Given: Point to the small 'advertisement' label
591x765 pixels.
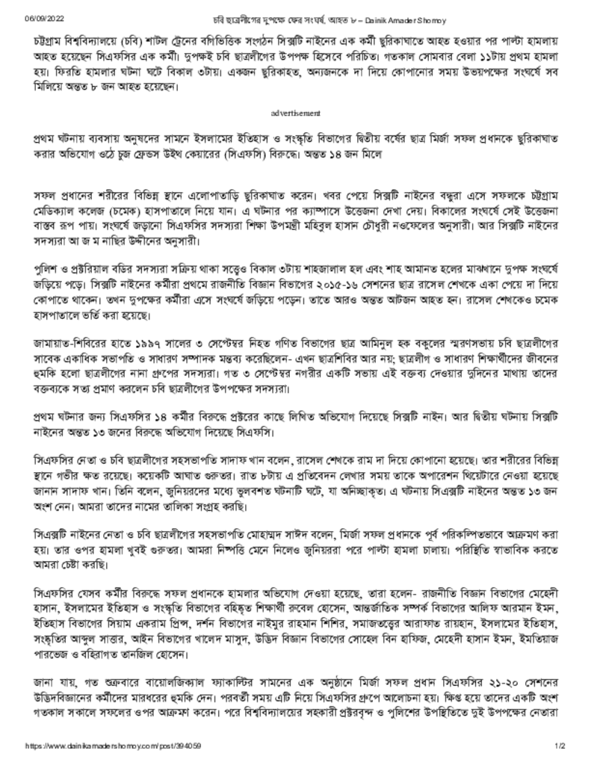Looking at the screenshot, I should (295, 113).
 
